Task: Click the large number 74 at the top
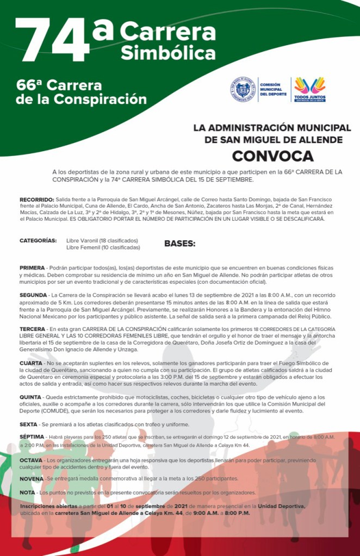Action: [52, 41]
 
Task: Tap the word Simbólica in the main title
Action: [167, 53]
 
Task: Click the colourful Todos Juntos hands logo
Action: [309, 88]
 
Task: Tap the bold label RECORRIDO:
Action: [36, 200]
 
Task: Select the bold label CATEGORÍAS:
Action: [38, 240]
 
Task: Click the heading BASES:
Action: [179, 243]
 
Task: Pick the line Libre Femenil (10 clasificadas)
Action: [103, 247]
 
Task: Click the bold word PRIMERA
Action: [32, 268]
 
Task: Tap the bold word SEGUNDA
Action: [34, 295]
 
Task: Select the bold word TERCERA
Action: [33, 329]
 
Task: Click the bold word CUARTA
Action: [31, 363]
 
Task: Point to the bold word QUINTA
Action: [30, 397]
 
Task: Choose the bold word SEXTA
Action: [29, 424]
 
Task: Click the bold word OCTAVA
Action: [31, 460]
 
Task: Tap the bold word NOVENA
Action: [32, 479]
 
